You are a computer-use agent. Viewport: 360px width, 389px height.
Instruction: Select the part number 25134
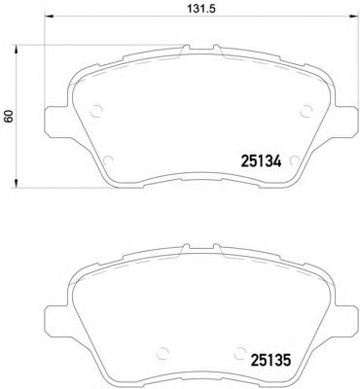(260, 163)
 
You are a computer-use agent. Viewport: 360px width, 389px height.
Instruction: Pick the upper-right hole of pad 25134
(303, 108)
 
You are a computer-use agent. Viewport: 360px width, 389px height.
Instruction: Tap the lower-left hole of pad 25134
(109, 160)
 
